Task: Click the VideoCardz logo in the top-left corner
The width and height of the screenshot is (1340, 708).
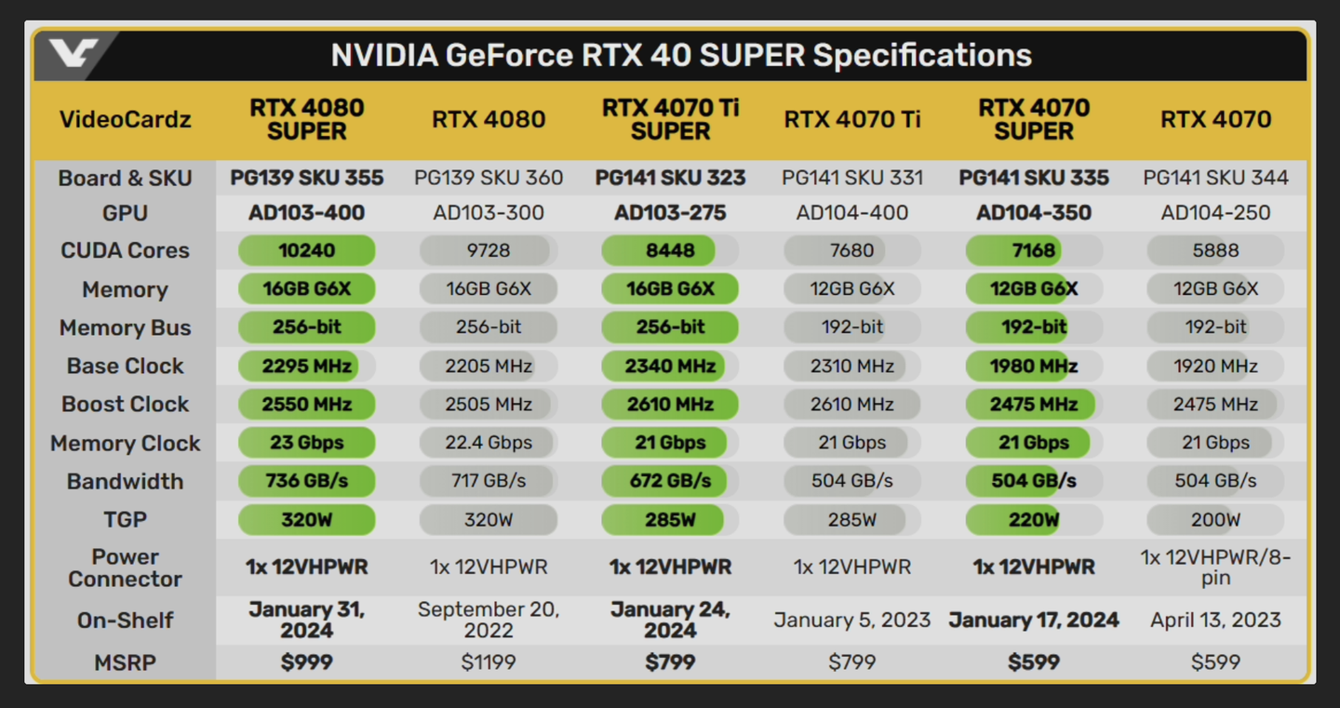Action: coord(74,53)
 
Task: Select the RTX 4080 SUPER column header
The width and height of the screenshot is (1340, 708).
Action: coord(306,120)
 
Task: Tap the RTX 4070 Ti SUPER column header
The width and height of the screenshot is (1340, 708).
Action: coord(670,120)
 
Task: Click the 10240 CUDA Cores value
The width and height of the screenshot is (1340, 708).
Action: coord(306,250)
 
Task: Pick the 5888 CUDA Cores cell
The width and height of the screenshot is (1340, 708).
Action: coord(1215,250)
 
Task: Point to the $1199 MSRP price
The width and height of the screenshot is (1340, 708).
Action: coord(489,662)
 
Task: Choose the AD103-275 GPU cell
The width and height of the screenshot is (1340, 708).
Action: coord(670,213)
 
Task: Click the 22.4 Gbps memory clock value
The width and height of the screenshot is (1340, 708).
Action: coord(489,443)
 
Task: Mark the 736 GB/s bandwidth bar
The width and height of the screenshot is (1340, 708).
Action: coord(306,481)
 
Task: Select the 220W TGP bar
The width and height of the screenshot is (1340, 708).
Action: coord(1033,520)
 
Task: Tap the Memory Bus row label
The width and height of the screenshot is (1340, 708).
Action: coord(125,327)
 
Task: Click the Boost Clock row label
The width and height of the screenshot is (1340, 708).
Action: coord(125,404)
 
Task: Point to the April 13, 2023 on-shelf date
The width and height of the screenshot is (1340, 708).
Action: coord(1215,620)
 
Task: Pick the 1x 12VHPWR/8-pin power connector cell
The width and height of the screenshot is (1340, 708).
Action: coord(1215,567)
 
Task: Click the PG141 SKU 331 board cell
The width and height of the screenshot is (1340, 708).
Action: coord(851,178)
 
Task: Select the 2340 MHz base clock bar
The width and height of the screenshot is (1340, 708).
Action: coord(670,366)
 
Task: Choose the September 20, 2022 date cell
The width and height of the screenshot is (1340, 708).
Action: coord(489,620)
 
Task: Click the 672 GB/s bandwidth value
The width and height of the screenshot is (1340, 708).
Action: coord(670,481)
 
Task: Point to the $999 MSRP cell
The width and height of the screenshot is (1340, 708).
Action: coord(306,662)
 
